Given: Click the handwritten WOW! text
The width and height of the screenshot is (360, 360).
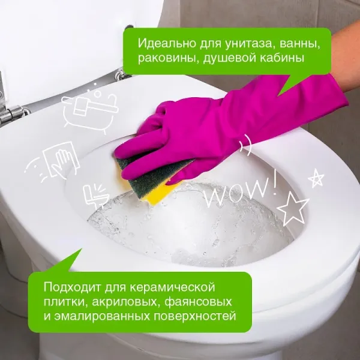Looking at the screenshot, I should click(240, 190).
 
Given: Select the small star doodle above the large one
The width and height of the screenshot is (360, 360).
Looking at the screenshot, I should click(316, 178).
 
